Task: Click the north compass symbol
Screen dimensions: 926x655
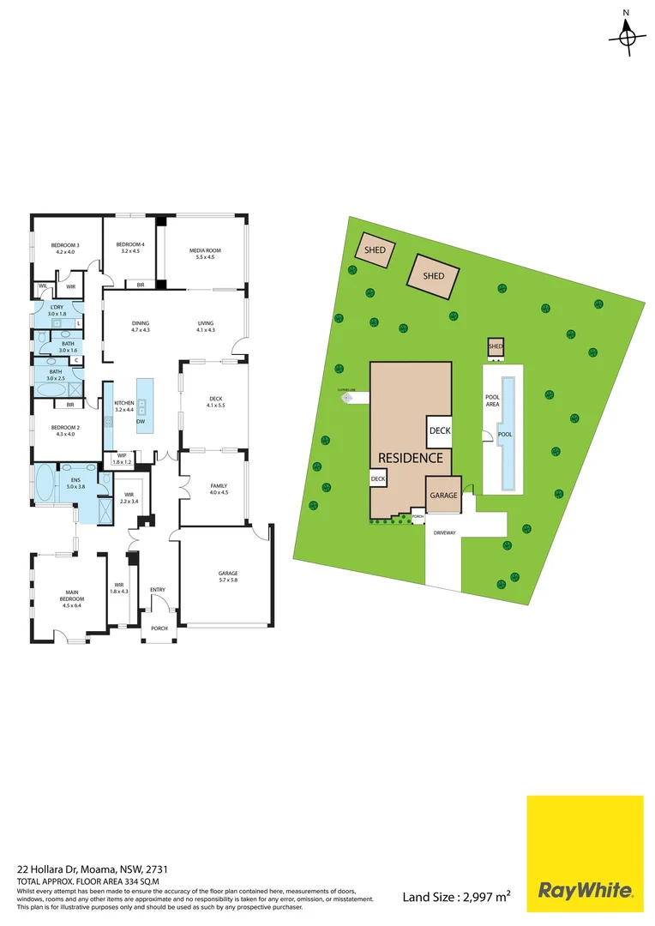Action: coord(627,36)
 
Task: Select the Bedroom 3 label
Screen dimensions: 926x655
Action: coord(66,249)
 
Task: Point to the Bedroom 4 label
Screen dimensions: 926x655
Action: coord(130,249)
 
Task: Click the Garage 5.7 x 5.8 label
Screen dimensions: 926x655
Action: coord(227,576)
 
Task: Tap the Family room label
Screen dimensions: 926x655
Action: coord(219,489)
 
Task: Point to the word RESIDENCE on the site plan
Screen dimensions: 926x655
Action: coord(411,458)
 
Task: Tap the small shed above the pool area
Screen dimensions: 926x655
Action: coord(496,346)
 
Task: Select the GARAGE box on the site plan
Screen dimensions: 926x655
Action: coord(444,495)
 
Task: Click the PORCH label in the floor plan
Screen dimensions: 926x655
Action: coord(159,628)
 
